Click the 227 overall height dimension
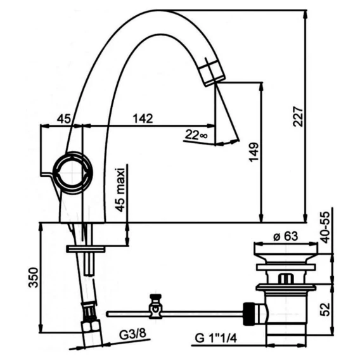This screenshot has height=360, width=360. click(x=299, y=116)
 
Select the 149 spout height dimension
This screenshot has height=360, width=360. click(x=254, y=152)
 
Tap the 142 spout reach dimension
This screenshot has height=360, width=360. click(x=143, y=119)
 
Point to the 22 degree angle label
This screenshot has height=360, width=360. click(x=196, y=134)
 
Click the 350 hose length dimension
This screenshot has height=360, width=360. click(x=34, y=278)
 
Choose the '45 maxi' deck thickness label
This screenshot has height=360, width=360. click(x=120, y=190)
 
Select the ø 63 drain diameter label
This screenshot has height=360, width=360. click(x=286, y=236)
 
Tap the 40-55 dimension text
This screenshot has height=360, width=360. click(x=325, y=228)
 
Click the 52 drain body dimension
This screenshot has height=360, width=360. click(x=325, y=309)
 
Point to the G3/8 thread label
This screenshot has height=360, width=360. click(x=132, y=334)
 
